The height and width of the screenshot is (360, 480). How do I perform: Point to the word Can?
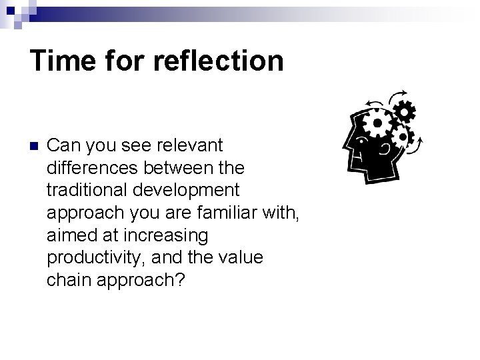click(x=63, y=145)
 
